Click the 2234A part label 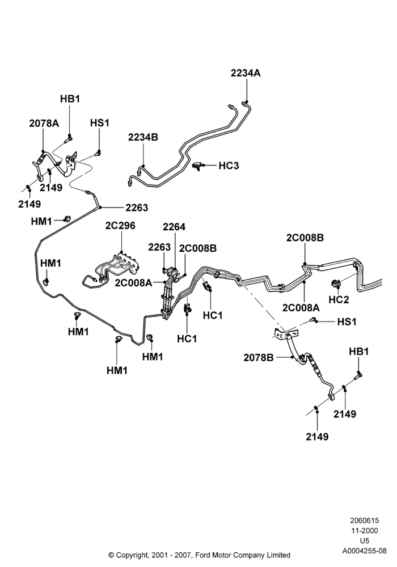tap(246, 73)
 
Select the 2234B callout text tap(143, 137)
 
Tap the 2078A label tap(44, 123)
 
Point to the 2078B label tap(259, 358)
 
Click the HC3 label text tap(229, 166)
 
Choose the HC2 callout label tap(339, 299)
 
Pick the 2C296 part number tap(120, 226)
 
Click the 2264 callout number tap(174, 227)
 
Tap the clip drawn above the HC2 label tap(336, 284)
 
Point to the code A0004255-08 tap(365, 552)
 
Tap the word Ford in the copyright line tap(204, 555)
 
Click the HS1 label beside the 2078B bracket tap(347, 321)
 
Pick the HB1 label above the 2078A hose tap(70, 99)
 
